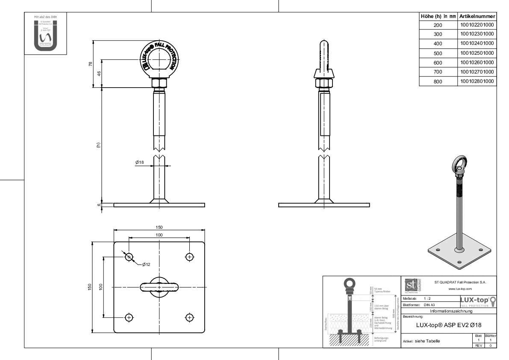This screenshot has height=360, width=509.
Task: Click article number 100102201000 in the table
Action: tap(477, 25)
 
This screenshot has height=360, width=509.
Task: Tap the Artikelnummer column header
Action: tap(477, 16)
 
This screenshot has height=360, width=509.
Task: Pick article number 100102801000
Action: tap(477, 81)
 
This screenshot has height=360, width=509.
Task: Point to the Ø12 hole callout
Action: tap(147, 265)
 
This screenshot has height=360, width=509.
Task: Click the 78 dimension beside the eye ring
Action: tap(90, 64)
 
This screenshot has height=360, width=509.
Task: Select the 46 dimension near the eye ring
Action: tap(99, 74)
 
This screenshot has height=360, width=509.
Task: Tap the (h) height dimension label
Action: tap(98, 145)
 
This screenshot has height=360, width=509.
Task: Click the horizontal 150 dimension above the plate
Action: tap(159, 227)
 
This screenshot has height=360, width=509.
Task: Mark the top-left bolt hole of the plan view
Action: tap(129, 257)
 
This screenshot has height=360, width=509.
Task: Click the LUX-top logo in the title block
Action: tap(477, 302)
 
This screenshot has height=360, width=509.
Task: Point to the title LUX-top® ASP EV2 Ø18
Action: tap(449, 325)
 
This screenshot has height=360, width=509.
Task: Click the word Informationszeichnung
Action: tap(449, 311)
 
